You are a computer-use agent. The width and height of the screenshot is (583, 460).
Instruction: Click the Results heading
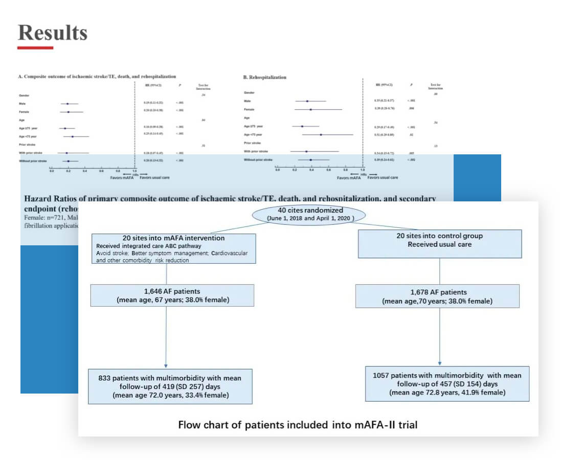(52, 33)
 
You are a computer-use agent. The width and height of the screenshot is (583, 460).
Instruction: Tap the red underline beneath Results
(35, 48)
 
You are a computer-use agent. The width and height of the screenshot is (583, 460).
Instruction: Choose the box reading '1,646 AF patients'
(172, 295)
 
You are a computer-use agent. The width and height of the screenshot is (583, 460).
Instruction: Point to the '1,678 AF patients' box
(437, 296)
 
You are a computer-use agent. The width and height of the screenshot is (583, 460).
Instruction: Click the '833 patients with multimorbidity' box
(170, 386)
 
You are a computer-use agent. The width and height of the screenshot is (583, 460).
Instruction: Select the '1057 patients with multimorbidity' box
(447, 383)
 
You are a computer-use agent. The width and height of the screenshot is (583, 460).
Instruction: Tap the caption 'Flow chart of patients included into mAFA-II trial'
(297, 424)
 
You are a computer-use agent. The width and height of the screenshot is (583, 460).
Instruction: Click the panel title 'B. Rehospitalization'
(264, 77)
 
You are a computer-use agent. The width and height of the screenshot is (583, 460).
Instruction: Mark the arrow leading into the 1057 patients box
(439, 362)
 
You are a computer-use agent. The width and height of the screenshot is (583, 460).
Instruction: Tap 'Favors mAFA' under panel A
(123, 178)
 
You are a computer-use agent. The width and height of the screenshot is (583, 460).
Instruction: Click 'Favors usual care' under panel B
(383, 178)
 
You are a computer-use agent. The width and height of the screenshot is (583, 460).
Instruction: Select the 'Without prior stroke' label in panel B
(259, 159)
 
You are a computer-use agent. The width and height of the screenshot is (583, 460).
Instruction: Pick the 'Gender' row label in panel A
(24, 96)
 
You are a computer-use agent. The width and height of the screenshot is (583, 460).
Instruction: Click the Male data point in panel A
(68, 104)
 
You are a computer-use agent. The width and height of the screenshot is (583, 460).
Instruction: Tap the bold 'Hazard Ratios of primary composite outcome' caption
(230, 199)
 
